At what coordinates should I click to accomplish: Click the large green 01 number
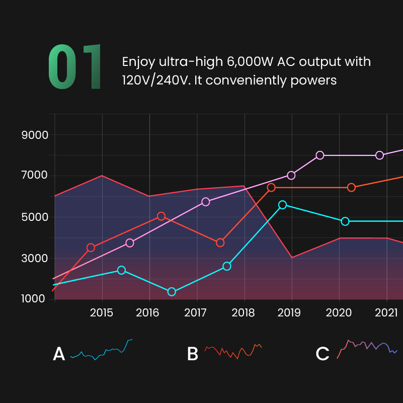pyautogui.click(x=74, y=67)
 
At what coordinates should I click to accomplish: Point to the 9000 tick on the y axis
pyautogui.click(x=35, y=135)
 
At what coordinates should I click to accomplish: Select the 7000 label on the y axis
pyautogui.click(x=35, y=176)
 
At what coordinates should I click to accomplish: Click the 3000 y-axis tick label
pyautogui.click(x=35, y=258)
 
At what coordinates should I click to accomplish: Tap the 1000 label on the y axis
pyautogui.click(x=35, y=299)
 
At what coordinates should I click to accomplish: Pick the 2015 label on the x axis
pyautogui.click(x=102, y=312)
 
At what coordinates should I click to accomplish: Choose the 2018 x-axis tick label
pyautogui.click(x=245, y=312)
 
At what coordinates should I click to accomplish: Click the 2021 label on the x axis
pyautogui.click(x=387, y=312)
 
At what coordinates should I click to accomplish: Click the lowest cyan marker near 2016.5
pyautogui.click(x=172, y=292)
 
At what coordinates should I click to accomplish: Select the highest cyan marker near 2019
pyautogui.click(x=282, y=205)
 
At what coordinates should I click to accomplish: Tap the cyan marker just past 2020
pyautogui.click(x=345, y=221)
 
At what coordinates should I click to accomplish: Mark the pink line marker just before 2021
pyautogui.click(x=380, y=155)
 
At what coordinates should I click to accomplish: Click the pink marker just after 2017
pyautogui.click(x=205, y=202)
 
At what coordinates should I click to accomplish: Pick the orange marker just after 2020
pyautogui.click(x=351, y=187)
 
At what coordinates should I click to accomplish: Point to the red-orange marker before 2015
pyautogui.click(x=91, y=248)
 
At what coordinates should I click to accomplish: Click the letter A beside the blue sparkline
pyautogui.click(x=59, y=354)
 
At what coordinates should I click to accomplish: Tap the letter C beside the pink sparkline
pyautogui.click(x=323, y=354)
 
